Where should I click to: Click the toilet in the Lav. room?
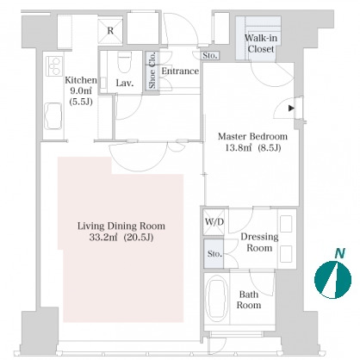click(125, 61)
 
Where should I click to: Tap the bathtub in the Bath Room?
click(218, 299)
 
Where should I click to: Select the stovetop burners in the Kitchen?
click(54, 66)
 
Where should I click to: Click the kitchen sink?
click(53, 116)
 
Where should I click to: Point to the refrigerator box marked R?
click(110, 31)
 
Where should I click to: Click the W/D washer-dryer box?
click(214, 222)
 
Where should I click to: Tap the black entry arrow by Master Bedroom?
click(291, 109)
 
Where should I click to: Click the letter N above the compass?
click(339, 253)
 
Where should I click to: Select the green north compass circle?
click(332, 280)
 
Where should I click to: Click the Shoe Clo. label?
click(152, 71)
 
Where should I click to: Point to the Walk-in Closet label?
click(261, 43)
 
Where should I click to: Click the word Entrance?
click(180, 71)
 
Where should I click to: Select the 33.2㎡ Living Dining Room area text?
click(103, 238)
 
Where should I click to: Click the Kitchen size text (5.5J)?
click(81, 102)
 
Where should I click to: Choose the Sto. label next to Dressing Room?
click(214, 254)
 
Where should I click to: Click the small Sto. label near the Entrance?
click(210, 55)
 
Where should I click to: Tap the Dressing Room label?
click(259, 242)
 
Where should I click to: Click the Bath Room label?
click(249, 300)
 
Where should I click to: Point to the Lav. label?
click(125, 84)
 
